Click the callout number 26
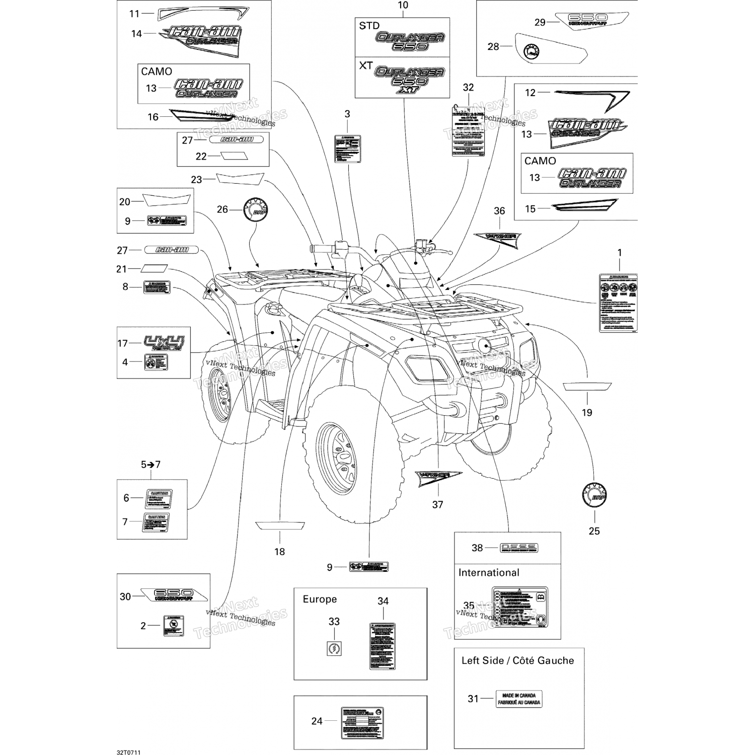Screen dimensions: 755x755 coord(222,209)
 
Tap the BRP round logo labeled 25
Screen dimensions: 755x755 coord(594,495)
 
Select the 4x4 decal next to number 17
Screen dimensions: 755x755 coord(164,343)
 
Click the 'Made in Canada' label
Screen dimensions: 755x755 coord(519,699)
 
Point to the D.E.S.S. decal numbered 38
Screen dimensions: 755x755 coord(519,548)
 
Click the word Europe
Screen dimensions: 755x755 coord(320,599)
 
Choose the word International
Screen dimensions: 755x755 coord(488,573)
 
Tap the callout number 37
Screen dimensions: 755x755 coord(437,504)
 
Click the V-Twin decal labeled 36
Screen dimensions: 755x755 coord(497,238)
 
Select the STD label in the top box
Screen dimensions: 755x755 coord(369,26)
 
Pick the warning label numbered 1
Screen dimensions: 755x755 coord(618,303)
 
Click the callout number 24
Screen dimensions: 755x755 coord(317,721)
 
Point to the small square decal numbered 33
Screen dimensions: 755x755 coord(334,648)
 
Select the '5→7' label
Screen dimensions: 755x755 coord(150,465)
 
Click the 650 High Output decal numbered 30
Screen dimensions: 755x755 coord(174,595)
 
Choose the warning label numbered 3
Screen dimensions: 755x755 coord(347,149)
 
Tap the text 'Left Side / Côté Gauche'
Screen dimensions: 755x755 coord(517,660)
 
